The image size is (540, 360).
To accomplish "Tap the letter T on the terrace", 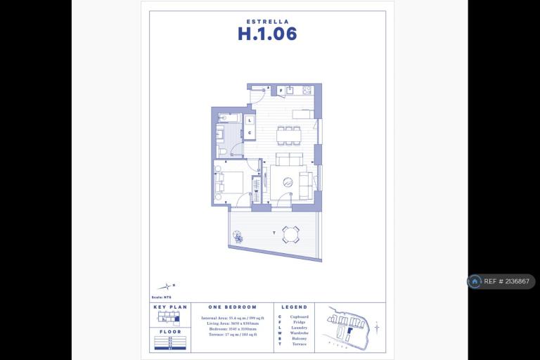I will coord(273,232).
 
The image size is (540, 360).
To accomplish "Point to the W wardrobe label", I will coord(256,191).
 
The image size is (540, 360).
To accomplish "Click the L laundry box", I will coord(250,121).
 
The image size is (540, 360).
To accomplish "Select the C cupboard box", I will coord(250,132).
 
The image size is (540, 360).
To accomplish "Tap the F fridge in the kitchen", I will coord(281,91).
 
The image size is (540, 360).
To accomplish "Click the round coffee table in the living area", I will coord(287,182).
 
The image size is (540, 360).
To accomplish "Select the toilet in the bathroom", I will coord(221,150).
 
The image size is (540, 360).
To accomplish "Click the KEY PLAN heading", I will coord(167,307).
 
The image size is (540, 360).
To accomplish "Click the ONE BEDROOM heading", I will coord(233,307).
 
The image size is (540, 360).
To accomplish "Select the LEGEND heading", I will coord(295,307).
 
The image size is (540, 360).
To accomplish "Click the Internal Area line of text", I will coord(233,319).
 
